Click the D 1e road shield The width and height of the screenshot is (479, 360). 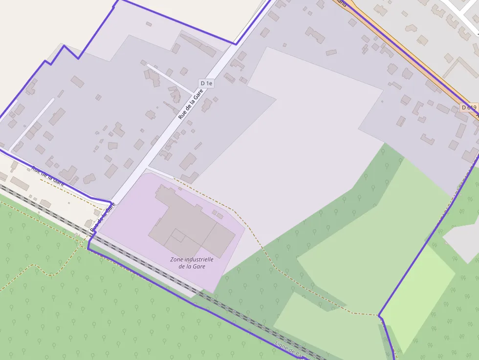click(207, 84)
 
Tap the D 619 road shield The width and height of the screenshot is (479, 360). click(468, 107)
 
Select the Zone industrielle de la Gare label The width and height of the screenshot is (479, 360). click(192, 263)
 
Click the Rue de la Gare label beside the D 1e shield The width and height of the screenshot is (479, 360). click(191, 104)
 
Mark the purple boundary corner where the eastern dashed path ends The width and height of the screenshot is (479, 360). click(380, 316)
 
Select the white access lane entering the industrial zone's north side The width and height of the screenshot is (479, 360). click(161, 171)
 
